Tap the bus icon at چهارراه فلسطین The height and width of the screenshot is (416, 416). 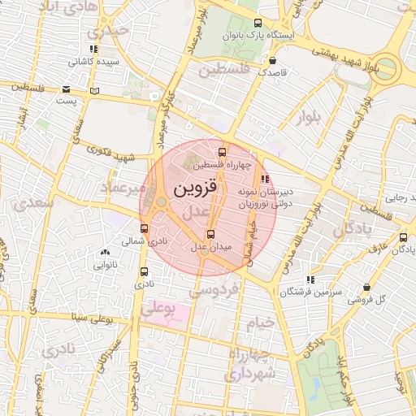[223, 152]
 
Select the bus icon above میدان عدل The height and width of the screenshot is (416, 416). [212, 235]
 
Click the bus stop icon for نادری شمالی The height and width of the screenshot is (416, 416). [145, 229]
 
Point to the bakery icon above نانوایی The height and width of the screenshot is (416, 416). [105, 253]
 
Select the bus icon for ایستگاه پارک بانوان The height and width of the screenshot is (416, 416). [258, 24]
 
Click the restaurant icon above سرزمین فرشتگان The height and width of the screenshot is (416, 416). [310, 279]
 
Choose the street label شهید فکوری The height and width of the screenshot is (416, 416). [112, 154]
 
